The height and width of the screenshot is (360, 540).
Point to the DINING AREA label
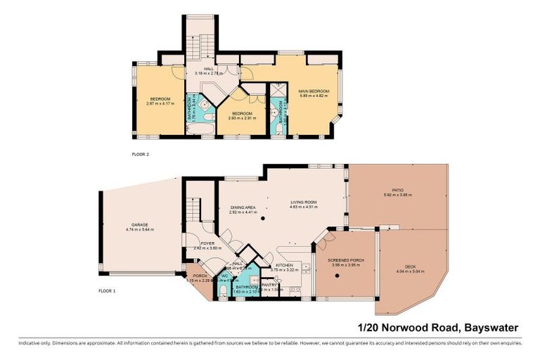pyautogui.click(x=243, y=207)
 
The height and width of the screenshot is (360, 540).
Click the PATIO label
pyautogui.click(x=397, y=190)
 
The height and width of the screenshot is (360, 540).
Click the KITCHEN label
pyautogui.click(x=285, y=265)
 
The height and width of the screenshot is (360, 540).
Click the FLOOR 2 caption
pyautogui.click(x=141, y=154)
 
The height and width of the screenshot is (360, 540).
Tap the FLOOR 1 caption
pyautogui.click(x=106, y=290)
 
